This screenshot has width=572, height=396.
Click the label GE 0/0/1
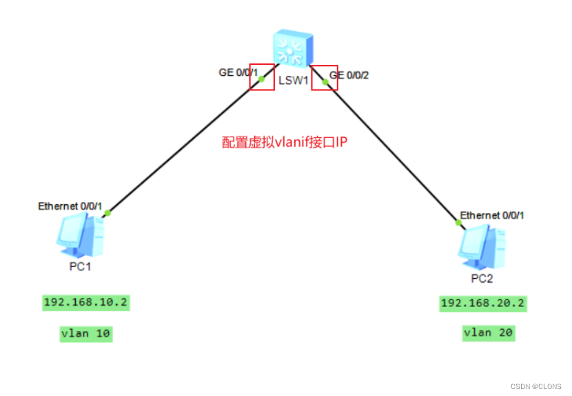click(238, 72)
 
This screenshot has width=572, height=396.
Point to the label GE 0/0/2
click(349, 75)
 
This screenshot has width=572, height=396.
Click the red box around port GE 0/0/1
click(262, 78)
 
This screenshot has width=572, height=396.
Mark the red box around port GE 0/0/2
click(325, 78)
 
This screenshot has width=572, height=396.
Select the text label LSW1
click(293, 81)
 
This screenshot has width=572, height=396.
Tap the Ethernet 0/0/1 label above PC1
click(70, 206)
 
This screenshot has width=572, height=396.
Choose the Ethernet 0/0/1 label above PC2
click(492, 215)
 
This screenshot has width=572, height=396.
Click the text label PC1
click(80, 267)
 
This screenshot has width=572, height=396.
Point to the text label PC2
click(482, 279)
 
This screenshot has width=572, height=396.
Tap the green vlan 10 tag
click(86, 334)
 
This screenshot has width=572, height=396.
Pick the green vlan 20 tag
click(488, 333)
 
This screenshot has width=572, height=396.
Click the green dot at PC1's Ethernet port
click(108, 212)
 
